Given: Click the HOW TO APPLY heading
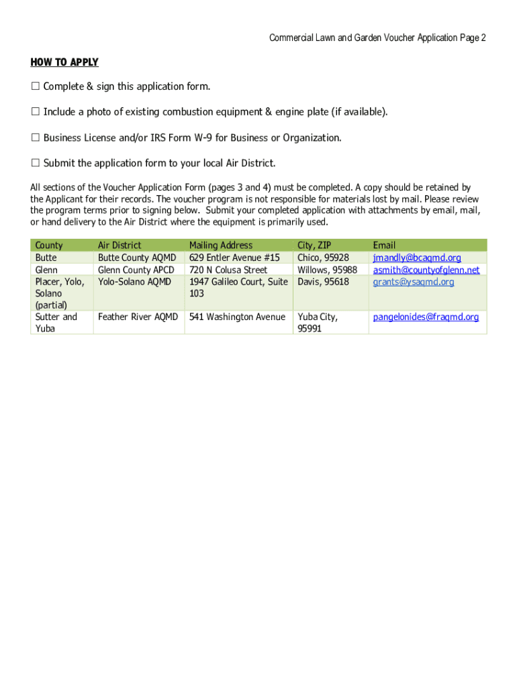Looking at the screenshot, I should pos(64,62).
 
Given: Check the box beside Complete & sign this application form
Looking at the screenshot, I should pos(35,87).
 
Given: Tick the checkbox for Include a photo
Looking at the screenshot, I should pos(35,112).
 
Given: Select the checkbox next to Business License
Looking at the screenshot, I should pos(35,138).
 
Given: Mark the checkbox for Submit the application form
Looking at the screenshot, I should pos(35,164).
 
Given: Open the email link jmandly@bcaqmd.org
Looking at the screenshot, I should pos(417,258).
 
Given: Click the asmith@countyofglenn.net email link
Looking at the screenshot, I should pos(426,270).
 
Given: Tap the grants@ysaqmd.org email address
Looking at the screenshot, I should pos(414,282).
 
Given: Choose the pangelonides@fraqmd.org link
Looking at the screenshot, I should pos(426,317).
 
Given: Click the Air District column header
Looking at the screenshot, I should pos(120,246).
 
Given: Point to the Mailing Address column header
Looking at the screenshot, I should pos(221,246).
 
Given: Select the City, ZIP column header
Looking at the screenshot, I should pos(314,246).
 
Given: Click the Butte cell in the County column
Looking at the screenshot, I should pos(46,258).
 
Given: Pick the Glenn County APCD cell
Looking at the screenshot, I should pos(136,270).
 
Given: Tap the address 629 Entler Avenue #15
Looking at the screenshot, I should pos(234,258).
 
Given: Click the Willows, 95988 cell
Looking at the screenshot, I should pos(327,270).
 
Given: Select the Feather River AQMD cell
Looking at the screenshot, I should pos(138,317).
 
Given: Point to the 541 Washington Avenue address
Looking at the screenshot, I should pos(237,317).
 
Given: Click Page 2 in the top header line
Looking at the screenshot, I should pos(473,38).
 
